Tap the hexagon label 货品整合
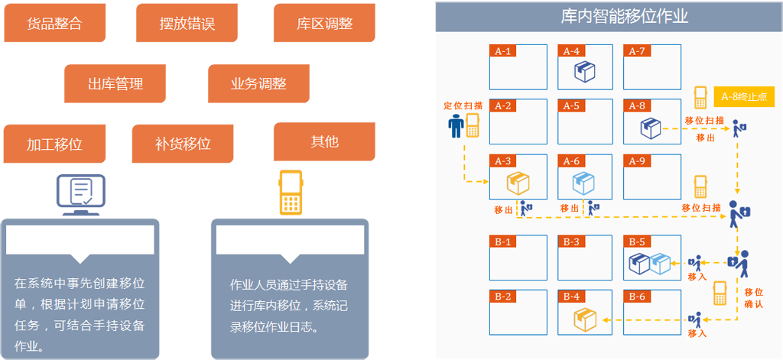[54, 24]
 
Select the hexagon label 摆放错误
[187, 24]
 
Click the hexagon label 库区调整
[325, 24]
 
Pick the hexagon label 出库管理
[115, 84]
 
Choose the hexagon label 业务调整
[258, 84]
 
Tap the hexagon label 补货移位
[183, 143]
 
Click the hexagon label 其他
[325, 141]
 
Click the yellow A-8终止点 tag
[744, 97]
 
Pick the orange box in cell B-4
[584, 319]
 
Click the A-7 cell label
[637, 51]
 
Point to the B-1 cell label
[502, 242]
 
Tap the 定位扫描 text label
[463, 105]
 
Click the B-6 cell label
[636, 297]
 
